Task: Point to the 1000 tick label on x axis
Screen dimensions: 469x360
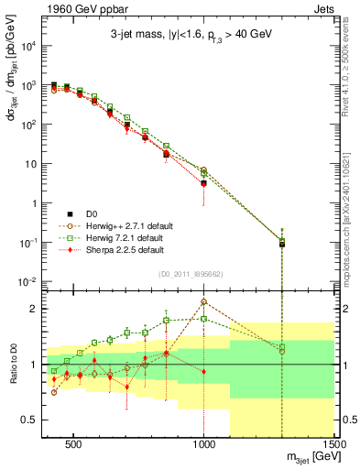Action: [204, 446]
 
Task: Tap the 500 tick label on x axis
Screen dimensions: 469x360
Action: [74, 446]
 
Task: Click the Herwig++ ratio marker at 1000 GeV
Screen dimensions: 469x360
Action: [204, 301]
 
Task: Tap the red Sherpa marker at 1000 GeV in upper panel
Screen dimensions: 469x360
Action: [204, 183]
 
